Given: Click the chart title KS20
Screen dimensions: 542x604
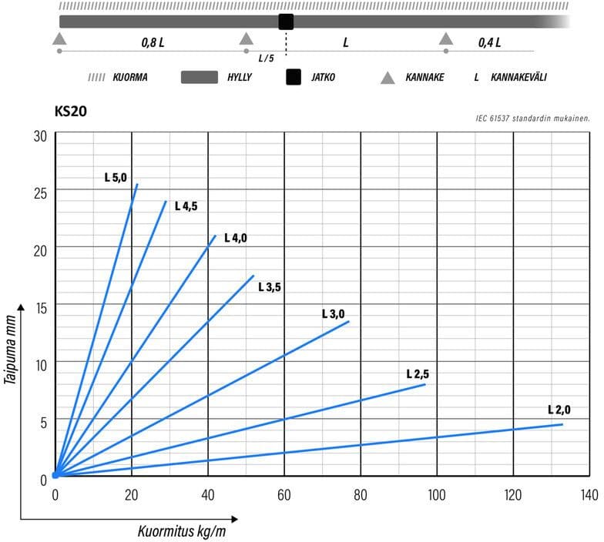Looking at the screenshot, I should pyautogui.click(x=70, y=112).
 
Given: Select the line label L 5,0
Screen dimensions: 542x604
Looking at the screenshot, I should pyautogui.click(x=116, y=176).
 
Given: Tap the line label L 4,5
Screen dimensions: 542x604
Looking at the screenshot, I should pyautogui.click(x=187, y=206).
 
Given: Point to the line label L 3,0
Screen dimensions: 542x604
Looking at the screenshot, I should pyautogui.click(x=333, y=313).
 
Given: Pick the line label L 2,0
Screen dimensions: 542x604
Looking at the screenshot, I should pyautogui.click(x=559, y=409).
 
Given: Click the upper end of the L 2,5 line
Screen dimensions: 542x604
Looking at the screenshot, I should pyautogui.click(x=425, y=384).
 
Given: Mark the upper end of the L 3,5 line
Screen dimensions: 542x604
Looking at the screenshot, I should pyautogui.click(x=253, y=275).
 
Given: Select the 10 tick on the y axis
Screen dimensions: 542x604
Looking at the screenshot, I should pyautogui.click(x=40, y=364).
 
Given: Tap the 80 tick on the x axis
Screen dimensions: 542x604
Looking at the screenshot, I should pyautogui.click(x=361, y=493).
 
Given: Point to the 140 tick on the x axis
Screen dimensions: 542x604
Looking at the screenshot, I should pyautogui.click(x=589, y=493).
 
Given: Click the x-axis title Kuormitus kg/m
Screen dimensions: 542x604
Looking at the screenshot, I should pyautogui.click(x=182, y=531).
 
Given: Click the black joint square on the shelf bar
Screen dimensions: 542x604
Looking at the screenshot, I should pyautogui.click(x=287, y=22).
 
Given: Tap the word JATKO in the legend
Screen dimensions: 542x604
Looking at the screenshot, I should pyautogui.click(x=322, y=78).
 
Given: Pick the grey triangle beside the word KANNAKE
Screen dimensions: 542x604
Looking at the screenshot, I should pyautogui.click(x=388, y=78).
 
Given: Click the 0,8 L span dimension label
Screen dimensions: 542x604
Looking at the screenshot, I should pyautogui.click(x=153, y=42).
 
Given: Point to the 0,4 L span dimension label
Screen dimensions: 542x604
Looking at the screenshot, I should pyautogui.click(x=489, y=42).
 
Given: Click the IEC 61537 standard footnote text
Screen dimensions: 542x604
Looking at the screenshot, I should pyautogui.click(x=533, y=119).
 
